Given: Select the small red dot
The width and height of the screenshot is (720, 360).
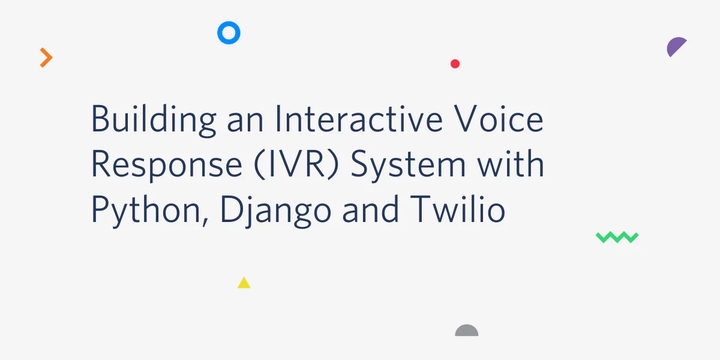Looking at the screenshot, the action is pos(455,64).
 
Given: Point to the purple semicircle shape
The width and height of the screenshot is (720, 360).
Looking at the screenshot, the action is pos(675,46).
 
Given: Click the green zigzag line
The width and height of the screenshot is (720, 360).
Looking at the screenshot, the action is pos(617,237).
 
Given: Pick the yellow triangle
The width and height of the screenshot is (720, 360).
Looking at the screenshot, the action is pos(244,283).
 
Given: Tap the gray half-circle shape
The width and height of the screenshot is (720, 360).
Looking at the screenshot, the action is pos(467,331).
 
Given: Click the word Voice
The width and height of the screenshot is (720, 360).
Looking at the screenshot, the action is pos(499,119).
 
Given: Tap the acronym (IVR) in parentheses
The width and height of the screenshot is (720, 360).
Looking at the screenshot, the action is pos(296,164).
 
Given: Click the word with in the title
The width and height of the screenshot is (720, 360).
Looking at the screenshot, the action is pos(511,164).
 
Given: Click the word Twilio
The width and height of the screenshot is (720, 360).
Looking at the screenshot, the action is pos(457,209).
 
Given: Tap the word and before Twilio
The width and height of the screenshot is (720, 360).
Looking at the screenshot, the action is pos(371,209).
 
